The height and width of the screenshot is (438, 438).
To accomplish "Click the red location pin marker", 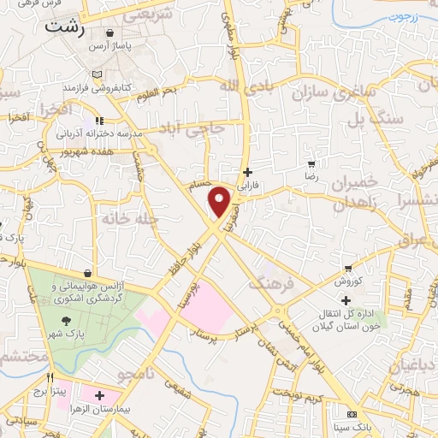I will [x=221, y=201].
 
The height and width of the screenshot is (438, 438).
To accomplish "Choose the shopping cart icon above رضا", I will [x=312, y=163].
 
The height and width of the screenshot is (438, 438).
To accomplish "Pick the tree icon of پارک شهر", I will [x=66, y=319].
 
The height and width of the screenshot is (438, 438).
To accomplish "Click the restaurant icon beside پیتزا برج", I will [x=50, y=378].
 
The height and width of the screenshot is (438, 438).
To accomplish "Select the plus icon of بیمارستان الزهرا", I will [x=100, y=395].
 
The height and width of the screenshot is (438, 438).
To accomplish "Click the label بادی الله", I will [x=242, y=86].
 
